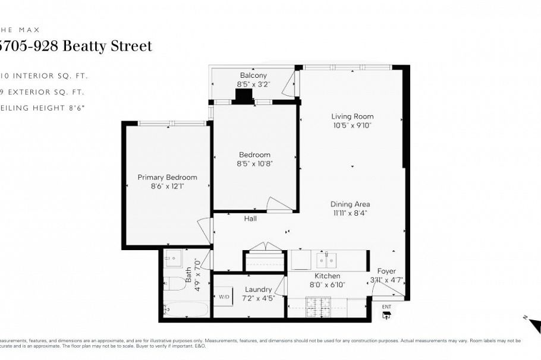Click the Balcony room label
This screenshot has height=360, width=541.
253,75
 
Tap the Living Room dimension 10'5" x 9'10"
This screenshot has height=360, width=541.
353,125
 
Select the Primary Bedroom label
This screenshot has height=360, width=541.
167,177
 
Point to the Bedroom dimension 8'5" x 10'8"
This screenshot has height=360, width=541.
254,163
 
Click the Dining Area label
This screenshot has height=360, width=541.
350,204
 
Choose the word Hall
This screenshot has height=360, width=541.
250,219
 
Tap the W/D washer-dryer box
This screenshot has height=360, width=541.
224,296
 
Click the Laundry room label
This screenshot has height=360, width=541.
258,289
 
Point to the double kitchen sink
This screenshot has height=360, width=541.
326,260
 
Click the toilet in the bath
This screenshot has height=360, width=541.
175,283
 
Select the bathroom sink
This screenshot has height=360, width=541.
174,258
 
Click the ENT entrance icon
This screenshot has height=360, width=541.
386,313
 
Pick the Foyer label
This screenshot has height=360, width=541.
386,271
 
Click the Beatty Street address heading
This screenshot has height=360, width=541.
77,46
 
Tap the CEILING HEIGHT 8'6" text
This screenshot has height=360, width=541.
43,108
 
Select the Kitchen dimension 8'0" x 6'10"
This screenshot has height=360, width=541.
327,285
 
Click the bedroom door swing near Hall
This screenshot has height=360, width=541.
279,204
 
